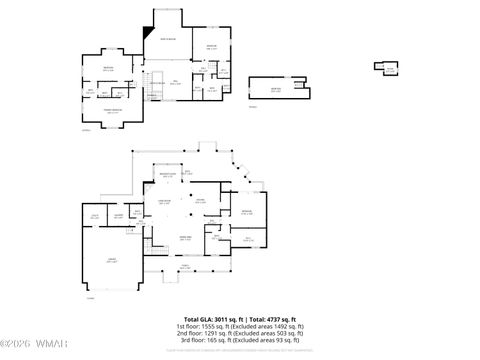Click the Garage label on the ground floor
[x=112, y=260]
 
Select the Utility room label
[x=96, y=216]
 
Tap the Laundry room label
[x=118, y=216]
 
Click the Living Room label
[x=163, y=203]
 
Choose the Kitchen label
[x=200, y=201]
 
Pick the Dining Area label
[x=185, y=237]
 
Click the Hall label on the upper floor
[x=175, y=83]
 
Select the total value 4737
[x=269, y=318]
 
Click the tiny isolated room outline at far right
[x=387, y=67]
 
